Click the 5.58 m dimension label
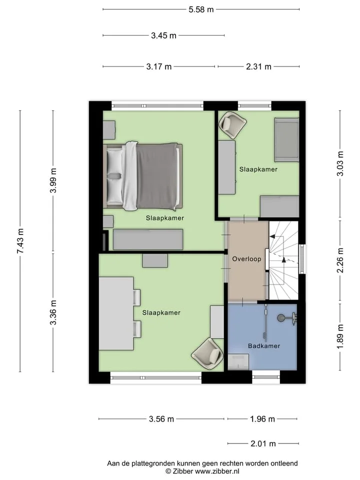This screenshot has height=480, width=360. pos(201,9)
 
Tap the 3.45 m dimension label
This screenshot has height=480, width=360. pos(163,36)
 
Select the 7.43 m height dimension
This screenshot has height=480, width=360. pos(20,241)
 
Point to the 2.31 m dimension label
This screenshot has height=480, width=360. pos(258,66)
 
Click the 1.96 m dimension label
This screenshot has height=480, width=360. pos(262,419)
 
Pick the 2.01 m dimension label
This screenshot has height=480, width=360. pos(263,443)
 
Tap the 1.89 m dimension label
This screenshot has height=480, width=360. pos(340,336)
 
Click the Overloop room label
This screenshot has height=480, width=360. pos(246,259)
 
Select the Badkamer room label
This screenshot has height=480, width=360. pos(264,346)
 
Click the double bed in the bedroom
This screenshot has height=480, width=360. pos(143,176)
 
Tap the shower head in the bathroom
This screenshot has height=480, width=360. pos(280,318)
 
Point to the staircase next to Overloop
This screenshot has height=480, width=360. pos(283,260)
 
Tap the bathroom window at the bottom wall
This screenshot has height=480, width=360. pos(266,377)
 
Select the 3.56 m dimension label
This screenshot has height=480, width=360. pos(161,419)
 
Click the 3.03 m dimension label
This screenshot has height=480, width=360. pos(340,163)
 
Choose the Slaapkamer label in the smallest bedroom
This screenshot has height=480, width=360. pos(258,169)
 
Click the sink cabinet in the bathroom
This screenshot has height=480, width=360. pos(238,362)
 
